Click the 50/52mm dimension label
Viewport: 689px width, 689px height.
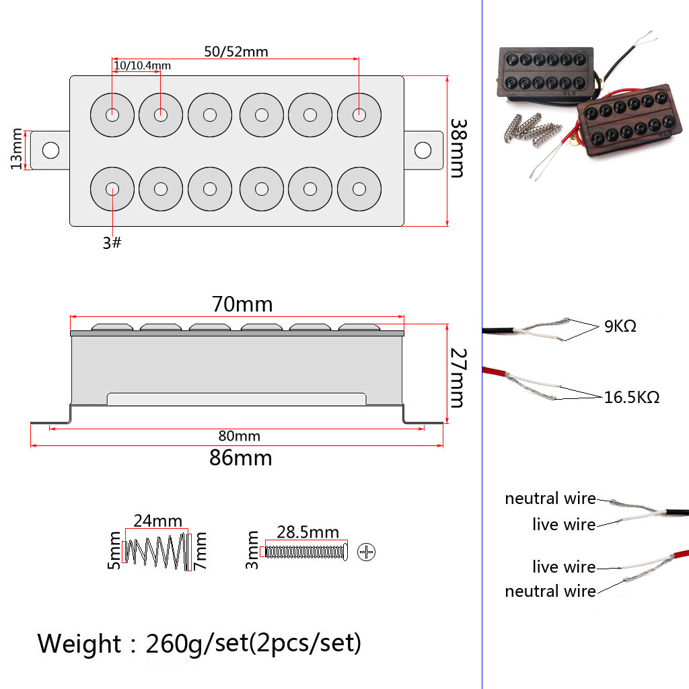pos(235,51)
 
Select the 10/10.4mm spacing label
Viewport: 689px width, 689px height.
pos(142,66)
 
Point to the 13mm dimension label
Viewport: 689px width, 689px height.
pos(17,149)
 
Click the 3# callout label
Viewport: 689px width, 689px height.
pos(112,243)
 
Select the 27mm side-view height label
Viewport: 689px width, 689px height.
pos(458,377)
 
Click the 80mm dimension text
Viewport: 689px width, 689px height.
pos(238,436)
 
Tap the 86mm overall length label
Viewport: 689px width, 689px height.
pos(240,458)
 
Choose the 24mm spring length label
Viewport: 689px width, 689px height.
pos(157,521)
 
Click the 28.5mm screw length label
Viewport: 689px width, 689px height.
pos(308,533)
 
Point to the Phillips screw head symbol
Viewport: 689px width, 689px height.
pos(367,552)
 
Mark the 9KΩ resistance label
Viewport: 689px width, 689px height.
pos(620,327)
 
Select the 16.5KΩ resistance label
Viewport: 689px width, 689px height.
pos(631,397)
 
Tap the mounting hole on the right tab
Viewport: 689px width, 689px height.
pos(423,149)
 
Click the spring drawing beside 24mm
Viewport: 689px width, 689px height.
pos(157,552)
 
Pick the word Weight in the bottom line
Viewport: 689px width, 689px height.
pos(79,644)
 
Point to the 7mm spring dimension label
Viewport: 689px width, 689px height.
pos(200,552)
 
